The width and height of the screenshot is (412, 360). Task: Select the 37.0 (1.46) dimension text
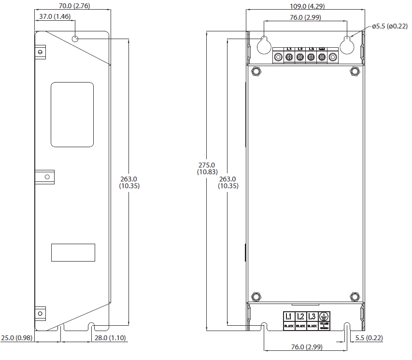click(55, 16)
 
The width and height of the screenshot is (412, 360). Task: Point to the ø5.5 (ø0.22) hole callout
click(389, 26)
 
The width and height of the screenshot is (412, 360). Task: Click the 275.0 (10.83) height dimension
click(207, 168)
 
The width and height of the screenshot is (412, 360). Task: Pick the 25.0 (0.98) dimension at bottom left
click(16, 338)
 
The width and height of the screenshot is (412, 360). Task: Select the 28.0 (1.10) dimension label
click(110, 338)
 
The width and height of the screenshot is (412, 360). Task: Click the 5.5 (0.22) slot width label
click(369, 338)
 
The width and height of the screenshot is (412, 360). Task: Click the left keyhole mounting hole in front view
click(264, 45)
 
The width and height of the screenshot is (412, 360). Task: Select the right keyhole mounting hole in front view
click(347, 45)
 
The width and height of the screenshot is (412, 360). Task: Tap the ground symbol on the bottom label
click(324, 317)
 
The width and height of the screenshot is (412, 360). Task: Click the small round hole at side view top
click(75, 39)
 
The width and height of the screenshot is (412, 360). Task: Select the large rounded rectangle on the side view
click(72, 114)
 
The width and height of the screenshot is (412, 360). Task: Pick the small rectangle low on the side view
click(73, 252)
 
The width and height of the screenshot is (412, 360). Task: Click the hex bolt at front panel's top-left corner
click(256, 71)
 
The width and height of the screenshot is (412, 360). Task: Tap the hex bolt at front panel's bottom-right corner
click(355, 295)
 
